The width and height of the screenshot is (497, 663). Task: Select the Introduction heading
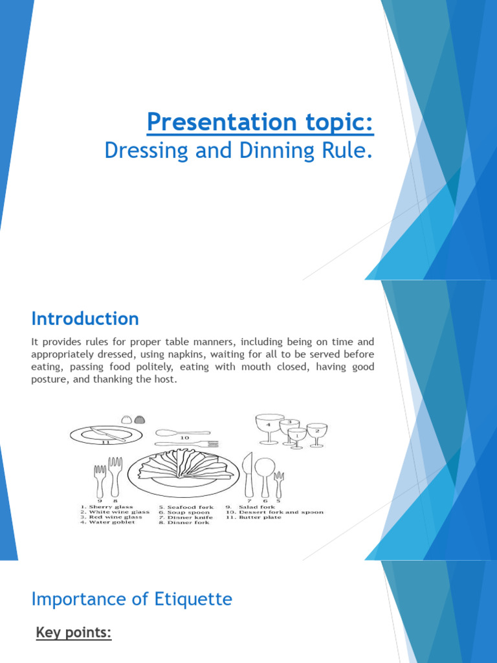[85, 319]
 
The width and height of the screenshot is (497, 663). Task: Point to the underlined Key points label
[73, 633]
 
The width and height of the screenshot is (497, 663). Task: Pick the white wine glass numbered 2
[316, 433]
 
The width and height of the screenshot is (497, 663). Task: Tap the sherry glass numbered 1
[297, 438]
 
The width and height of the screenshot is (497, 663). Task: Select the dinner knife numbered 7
[247, 475]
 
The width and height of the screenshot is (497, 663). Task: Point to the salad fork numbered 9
[100, 478]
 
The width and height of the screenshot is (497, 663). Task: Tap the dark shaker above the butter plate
[139, 419]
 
